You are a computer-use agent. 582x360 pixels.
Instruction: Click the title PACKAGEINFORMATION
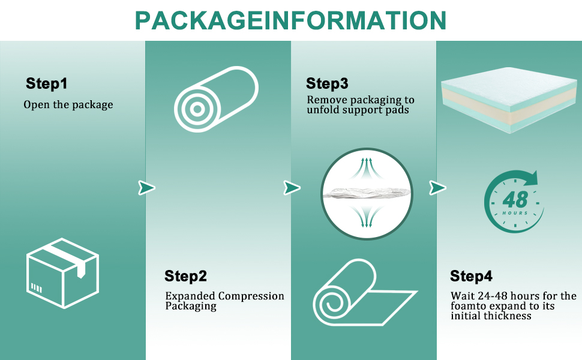pyautogui.click(x=290, y=20)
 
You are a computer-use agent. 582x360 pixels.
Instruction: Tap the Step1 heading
pyautogui.click(x=50, y=83)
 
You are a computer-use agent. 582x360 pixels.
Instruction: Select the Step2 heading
pyautogui.click(x=185, y=277)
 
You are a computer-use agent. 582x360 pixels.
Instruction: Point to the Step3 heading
pyautogui.click(x=327, y=83)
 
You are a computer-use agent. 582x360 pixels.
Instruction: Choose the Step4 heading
pyautogui.click(x=471, y=277)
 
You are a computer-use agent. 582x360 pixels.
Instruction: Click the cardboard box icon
pyautogui.click(x=62, y=275)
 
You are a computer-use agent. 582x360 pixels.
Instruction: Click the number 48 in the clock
pyautogui.click(x=514, y=199)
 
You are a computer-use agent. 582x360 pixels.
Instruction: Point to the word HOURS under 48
pyautogui.click(x=515, y=213)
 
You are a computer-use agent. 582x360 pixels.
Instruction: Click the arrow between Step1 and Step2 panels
pyautogui.click(x=146, y=188)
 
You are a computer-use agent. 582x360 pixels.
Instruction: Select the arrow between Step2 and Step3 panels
pyautogui.click(x=292, y=188)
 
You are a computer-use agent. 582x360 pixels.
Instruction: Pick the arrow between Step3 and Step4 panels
pyautogui.click(x=437, y=188)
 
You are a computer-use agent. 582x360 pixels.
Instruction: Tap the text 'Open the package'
pyautogui.click(x=68, y=105)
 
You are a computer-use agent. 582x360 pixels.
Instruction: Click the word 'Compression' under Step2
pyautogui.click(x=251, y=296)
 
